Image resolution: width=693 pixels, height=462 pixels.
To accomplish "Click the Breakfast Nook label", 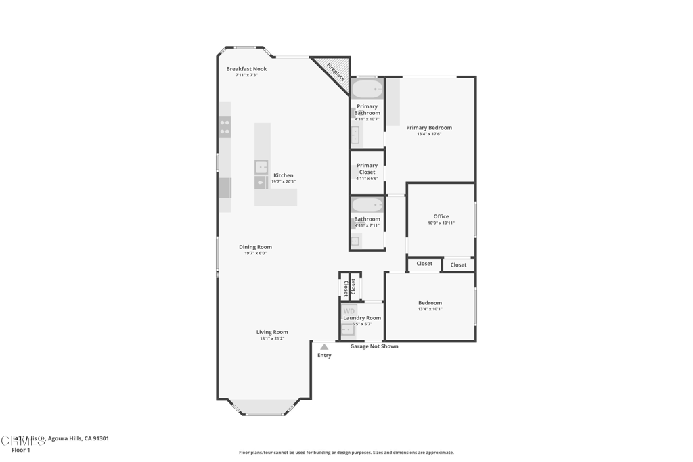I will [246, 69].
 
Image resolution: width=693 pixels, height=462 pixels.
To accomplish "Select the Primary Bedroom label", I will [429, 128].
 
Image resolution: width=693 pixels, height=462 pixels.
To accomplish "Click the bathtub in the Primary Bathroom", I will [367, 89].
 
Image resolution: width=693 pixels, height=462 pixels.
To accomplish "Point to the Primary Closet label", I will [367, 169].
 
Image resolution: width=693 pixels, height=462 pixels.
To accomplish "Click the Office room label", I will [441, 216].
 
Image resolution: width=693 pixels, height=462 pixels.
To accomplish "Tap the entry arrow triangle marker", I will [324, 347].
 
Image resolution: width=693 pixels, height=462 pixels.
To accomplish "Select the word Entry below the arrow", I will [324, 356].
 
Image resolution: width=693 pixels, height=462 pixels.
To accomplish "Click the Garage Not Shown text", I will [374, 346].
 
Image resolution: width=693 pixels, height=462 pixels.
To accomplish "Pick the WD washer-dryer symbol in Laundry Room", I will [349, 312].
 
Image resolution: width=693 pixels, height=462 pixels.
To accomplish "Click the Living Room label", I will [272, 332].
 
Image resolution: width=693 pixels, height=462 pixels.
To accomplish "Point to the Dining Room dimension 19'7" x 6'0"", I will [255, 253].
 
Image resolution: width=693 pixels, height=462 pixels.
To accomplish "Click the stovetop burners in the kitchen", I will [225, 127].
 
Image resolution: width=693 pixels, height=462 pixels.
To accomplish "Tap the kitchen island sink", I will [261, 167].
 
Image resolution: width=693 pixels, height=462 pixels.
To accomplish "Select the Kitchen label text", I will [284, 175].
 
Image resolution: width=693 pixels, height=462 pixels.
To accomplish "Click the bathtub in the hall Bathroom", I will [367, 205].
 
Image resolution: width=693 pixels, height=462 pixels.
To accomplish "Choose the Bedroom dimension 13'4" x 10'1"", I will [430, 309].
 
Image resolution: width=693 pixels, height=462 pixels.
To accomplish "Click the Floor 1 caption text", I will [21, 450].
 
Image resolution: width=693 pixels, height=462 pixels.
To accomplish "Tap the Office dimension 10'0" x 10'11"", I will [441, 223].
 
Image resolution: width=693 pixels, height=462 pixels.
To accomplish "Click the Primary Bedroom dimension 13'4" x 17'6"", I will [429, 134].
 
